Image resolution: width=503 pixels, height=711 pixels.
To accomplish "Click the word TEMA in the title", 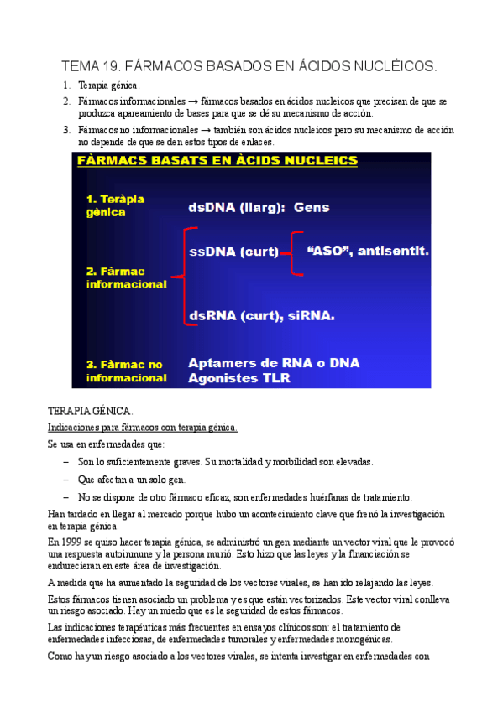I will (x=81, y=65).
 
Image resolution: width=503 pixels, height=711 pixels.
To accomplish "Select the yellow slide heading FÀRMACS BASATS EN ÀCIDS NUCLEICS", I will (x=217, y=161).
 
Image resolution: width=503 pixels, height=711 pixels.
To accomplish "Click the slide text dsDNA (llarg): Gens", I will (x=259, y=207).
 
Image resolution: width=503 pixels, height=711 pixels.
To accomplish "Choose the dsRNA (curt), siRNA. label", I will (x=261, y=316).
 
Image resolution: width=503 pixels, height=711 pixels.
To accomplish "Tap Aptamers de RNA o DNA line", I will (x=274, y=363).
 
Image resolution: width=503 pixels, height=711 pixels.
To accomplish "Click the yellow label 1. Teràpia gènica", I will (x=115, y=206).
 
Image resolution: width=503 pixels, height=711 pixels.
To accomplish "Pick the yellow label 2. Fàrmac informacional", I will (x=126, y=278).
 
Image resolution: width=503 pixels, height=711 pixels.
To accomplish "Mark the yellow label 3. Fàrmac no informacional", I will (x=126, y=371).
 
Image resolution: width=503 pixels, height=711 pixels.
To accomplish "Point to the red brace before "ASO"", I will (x=293, y=251).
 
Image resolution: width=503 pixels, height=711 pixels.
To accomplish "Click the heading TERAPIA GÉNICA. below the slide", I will (x=91, y=412).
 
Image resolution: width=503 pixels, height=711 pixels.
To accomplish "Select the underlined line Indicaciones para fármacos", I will (x=143, y=428).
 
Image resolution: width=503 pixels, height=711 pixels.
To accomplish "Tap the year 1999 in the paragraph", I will (x=71, y=543).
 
